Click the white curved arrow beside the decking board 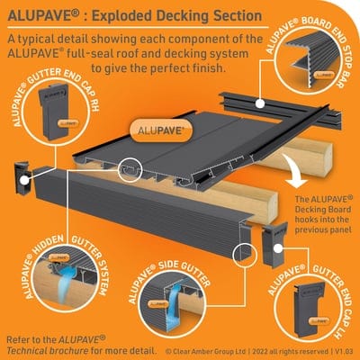pyautogui.click(x=289, y=171)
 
